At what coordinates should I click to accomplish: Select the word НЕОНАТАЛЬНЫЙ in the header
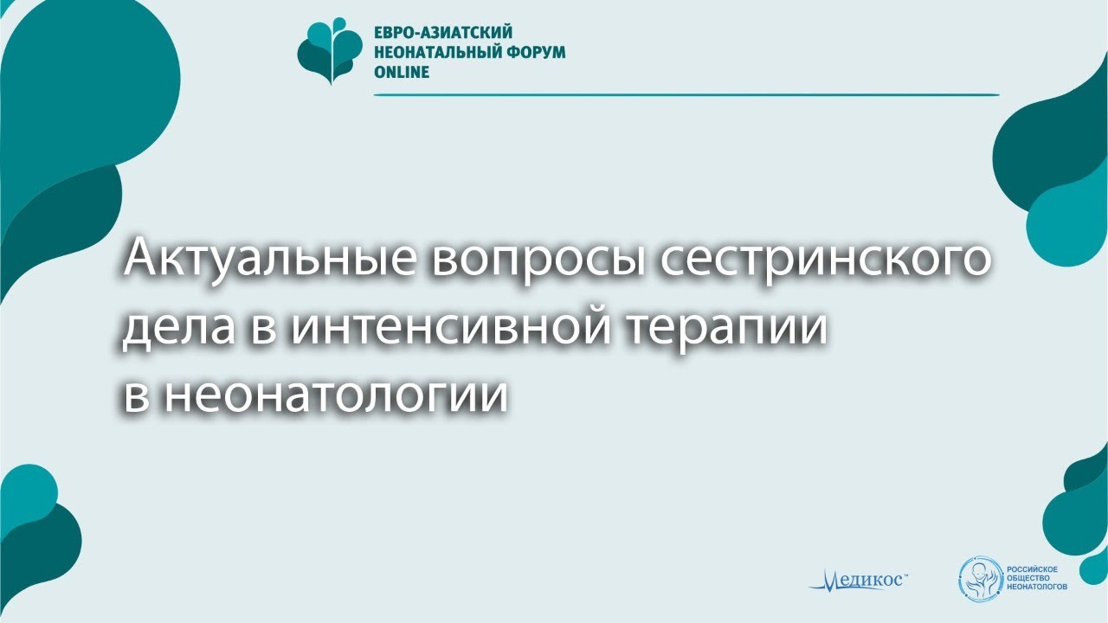[x=435, y=52]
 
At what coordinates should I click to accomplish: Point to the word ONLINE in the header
[x=401, y=72]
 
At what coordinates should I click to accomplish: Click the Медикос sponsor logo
[x=858, y=580]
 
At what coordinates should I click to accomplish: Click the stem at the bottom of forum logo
[x=330, y=79]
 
